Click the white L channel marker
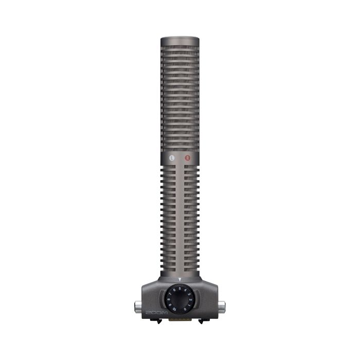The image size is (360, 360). pyautogui.click(x=172, y=158)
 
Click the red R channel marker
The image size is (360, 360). pyautogui.click(x=188, y=158)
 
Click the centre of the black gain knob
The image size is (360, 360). pyautogui.click(x=180, y=298)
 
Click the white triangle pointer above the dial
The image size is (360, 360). pyautogui.click(x=180, y=280)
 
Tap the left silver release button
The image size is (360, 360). pyautogui.click(x=138, y=307)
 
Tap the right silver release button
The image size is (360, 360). pyautogui.click(x=222, y=307)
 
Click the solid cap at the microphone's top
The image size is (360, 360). pyautogui.click(x=180, y=41)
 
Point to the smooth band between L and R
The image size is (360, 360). pyautogui.click(x=180, y=158)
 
